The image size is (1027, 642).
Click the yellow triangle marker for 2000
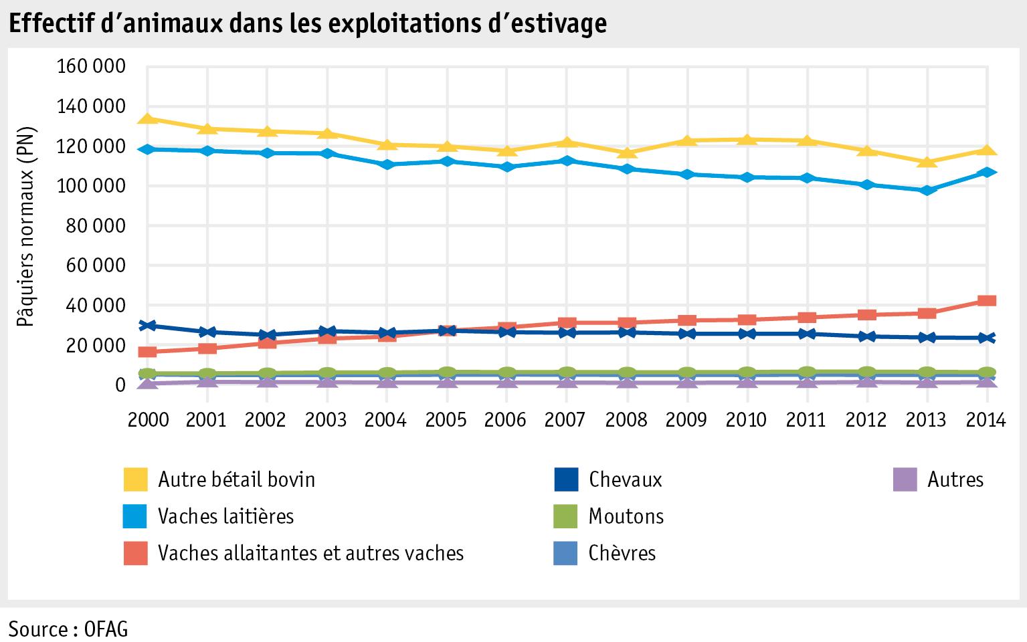148,119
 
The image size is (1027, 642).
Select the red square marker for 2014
986,301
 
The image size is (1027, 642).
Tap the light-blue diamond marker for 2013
927,191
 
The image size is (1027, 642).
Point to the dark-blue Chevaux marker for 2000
148,326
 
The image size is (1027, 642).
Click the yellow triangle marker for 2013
927,162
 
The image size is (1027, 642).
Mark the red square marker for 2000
148,352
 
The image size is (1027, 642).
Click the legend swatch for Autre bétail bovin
136,479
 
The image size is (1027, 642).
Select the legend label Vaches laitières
225,516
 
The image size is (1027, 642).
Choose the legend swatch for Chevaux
566,479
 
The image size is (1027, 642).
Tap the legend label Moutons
626,516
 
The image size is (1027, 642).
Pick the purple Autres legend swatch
905,479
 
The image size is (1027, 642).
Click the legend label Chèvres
622,553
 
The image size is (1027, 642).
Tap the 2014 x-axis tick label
986,419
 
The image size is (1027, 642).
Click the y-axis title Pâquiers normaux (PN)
27,226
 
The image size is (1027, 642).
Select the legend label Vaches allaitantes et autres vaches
310,553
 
